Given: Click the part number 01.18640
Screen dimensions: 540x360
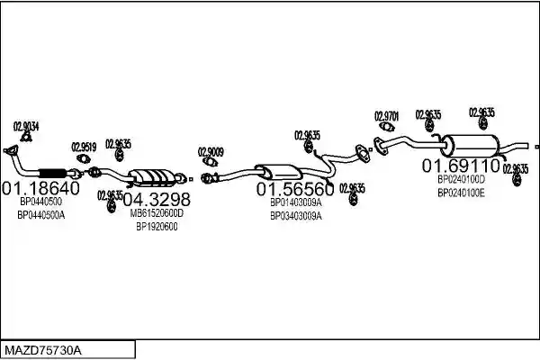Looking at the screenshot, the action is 41,188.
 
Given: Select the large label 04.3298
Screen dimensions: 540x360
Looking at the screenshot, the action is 157,199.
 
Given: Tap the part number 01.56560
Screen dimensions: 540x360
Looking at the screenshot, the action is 295,189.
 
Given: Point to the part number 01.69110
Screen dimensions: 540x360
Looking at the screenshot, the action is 461,166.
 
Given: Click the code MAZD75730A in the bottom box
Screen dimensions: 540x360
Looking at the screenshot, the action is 43,351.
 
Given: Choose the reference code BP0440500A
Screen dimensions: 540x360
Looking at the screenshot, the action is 41,215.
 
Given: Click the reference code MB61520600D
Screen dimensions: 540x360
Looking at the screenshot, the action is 157,213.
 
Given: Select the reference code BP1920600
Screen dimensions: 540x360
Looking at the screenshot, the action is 157,227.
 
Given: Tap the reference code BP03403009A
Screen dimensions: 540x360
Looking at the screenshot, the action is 296,216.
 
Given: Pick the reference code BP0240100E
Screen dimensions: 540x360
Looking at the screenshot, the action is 461,193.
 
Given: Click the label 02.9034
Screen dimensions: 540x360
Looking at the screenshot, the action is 26,126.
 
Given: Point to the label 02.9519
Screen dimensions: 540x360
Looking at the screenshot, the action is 84,147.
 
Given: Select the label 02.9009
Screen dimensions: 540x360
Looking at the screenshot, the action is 211,152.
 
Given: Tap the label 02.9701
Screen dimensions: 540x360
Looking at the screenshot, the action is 386,116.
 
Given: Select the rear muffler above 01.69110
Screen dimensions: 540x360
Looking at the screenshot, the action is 471,145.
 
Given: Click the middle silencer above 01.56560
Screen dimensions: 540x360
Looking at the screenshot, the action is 278,171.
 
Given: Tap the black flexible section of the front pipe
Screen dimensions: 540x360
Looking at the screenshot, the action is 53,174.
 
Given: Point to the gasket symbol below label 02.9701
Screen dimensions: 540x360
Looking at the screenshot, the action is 387,127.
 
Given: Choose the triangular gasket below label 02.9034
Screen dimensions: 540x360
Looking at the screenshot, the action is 26,138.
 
